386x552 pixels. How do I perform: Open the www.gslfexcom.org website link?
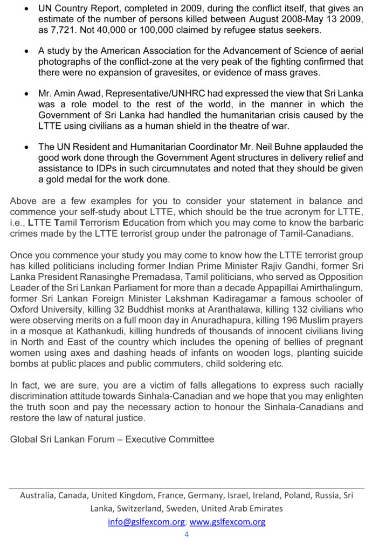(228, 522)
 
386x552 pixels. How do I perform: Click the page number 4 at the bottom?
(187, 534)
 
